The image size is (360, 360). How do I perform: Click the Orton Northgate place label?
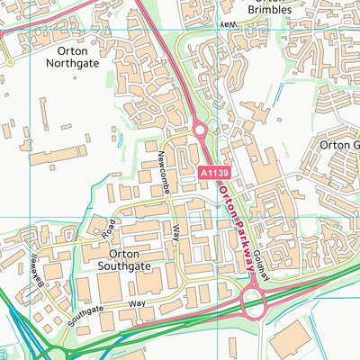point(72,58)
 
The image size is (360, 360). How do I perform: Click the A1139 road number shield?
point(213,170)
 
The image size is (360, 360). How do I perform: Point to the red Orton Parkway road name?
point(232,230)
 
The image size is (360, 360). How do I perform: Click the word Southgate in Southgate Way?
point(96,310)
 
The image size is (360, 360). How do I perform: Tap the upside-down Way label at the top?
point(230,24)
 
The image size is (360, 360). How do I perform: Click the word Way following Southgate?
point(136,304)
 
